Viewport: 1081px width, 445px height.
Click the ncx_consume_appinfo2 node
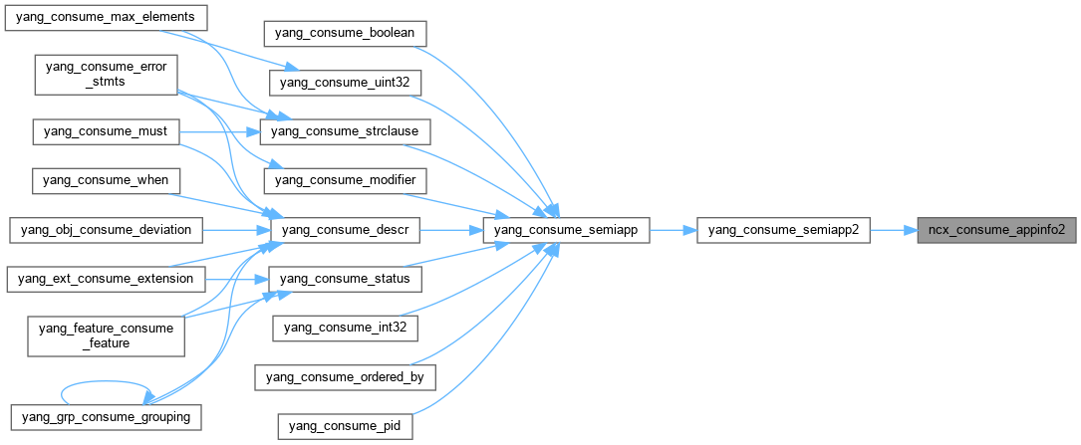tap(996, 230)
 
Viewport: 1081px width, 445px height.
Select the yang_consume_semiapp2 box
tap(783, 230)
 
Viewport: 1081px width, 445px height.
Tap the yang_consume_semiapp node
tap(566, 230)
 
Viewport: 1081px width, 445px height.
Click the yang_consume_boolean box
tap(345, 33)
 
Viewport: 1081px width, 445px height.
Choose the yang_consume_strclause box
tap(345, 130)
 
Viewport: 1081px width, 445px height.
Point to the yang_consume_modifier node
tap(345, 180)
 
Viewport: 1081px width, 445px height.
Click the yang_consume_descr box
tap(345, 230)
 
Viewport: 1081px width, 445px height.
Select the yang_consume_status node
tap(345, 278)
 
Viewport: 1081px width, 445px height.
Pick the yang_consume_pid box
tap(345, 426)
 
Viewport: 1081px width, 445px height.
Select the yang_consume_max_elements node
tap(106, 18)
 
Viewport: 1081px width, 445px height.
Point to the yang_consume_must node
tap(106, 130)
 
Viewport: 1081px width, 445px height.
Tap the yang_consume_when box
tap(106, 180)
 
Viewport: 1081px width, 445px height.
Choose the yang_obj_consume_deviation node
tap(106, 230)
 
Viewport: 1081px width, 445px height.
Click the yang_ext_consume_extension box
tap(106, 278)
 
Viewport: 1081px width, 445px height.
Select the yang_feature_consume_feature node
tap(106, 334)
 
